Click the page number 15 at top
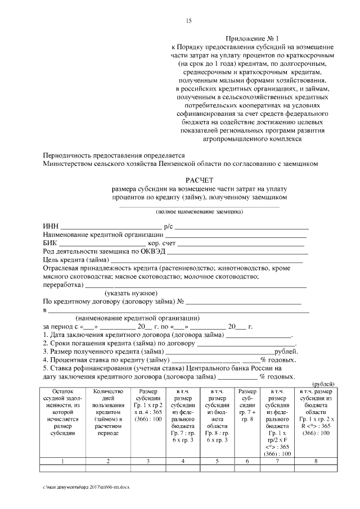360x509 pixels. (x=189, y=21)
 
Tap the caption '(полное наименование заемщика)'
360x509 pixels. (x=199, y=212)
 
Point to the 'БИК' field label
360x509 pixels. (x=50, y=243)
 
